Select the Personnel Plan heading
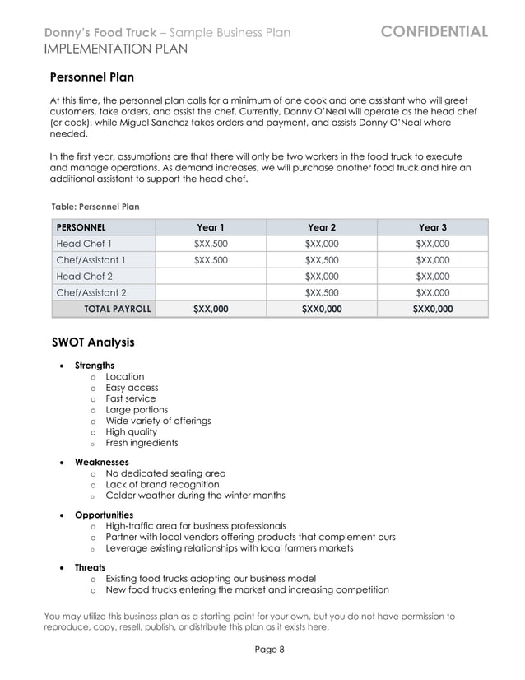(x=91, y=78)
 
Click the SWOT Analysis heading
(x=92, y=342)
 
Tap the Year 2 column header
(x=321, y=227)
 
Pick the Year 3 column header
(x=432, y=227)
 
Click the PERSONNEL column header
(x=81, y=227)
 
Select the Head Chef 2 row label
(x=84, y=277)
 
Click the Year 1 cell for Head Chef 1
(x=211, y=244)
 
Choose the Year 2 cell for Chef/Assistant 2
(x=321, y=292)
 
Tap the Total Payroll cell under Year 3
(x=432, y=309)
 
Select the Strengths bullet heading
(x=95, y=366)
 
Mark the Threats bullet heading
(x=90, y=568)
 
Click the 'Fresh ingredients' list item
(x=142, y=443)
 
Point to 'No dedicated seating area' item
(x=165, y=473)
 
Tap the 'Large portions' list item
(x=137, y=410)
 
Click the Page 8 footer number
(x=269, y=649)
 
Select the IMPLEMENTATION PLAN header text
(x=115, y=49)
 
